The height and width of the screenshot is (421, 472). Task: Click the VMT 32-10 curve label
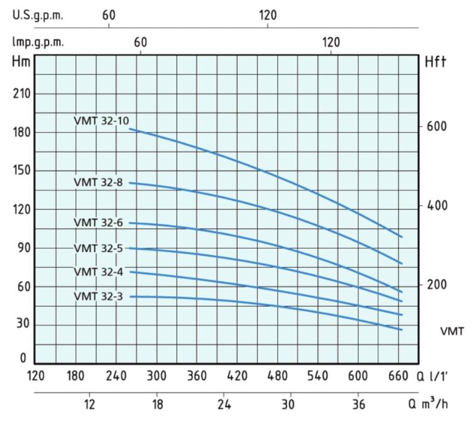101,121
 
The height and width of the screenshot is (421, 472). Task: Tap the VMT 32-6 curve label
98,222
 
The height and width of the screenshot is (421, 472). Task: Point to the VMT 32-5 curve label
98,247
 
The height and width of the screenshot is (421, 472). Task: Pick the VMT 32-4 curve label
98,271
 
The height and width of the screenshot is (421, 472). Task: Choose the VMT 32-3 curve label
98,296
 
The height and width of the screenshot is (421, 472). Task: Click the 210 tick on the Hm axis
22,94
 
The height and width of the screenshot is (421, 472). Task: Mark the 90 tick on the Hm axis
22,248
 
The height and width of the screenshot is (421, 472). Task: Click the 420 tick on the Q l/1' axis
237,377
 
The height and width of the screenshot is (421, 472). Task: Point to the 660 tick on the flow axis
399,377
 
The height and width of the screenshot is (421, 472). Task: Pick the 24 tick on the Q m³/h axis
224,404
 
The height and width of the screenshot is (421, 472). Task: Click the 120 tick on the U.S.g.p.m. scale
268,16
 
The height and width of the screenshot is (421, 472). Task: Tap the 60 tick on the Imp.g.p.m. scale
140,42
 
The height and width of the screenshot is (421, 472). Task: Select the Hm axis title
20,62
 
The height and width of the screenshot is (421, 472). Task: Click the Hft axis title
435,62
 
